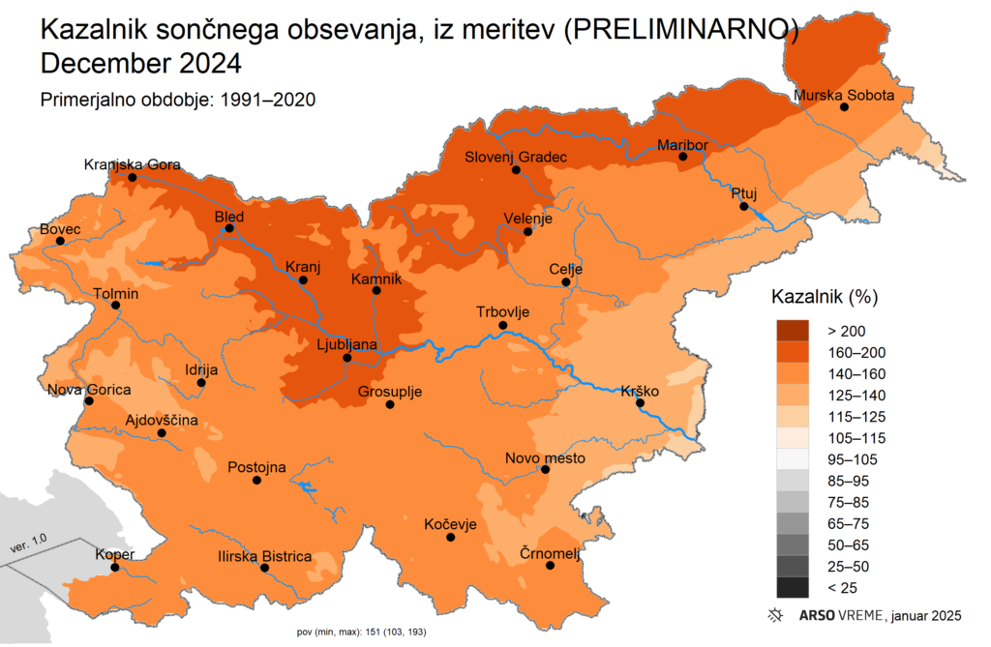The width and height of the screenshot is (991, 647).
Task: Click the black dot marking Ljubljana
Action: (x=347, y=358)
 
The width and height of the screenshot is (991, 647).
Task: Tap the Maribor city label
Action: (x=682, y=145)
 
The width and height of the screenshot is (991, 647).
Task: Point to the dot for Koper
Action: (x=115, y=568)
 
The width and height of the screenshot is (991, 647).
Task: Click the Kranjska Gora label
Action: (x=133, y=164)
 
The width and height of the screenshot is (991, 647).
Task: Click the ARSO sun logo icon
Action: (x=774, y=615)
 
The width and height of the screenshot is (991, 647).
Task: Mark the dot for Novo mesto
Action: (x=546, y=470)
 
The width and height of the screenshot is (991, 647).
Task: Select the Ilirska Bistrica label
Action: (x=264, y=556)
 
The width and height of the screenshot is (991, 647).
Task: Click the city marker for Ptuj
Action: (x=743, y=207)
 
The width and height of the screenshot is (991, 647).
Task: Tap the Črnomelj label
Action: (x=547, y=552)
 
